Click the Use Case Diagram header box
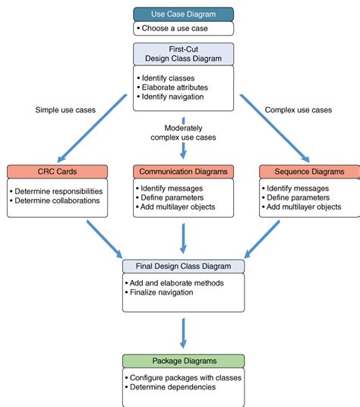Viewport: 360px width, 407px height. (x=183, y=14)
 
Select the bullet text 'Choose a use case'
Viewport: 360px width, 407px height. (x=175, y=28)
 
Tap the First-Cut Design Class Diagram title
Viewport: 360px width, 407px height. (x=183, y=54)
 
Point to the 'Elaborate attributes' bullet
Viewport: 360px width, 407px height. (x=175, y=87)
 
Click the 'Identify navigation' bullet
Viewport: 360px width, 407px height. (x=172, y=97)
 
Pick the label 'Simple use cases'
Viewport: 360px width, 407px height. (x=65, y=110)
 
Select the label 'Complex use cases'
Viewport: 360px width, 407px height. (x=298, y=110)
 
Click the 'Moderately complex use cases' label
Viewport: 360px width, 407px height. (x=183, y=133)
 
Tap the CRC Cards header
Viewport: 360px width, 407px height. (x=58, y=172)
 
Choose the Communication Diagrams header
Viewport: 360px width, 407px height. (x=183, y=172)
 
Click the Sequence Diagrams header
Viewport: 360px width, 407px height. (x=309, y=172)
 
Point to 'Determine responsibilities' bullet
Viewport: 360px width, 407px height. (x=58, y=191)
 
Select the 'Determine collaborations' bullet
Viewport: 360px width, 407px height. (x=57, y=200)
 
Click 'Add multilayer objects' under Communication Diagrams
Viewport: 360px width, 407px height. (x=178, y=207)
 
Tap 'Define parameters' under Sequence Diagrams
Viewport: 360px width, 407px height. (x=298, y=197)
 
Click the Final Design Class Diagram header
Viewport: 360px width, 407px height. (x=183, y=267)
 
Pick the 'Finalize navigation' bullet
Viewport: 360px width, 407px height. (x=162, y=292)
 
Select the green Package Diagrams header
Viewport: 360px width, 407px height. (x=183, y=361)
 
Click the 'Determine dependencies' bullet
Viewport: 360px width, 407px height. (x=172, y=387)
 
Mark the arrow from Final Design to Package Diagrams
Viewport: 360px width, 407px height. (x=183, y=333)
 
